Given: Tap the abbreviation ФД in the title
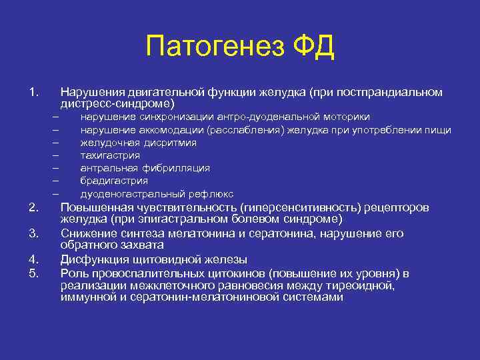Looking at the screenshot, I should coord(311,47).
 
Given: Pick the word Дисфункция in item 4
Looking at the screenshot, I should coord(94,259).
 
